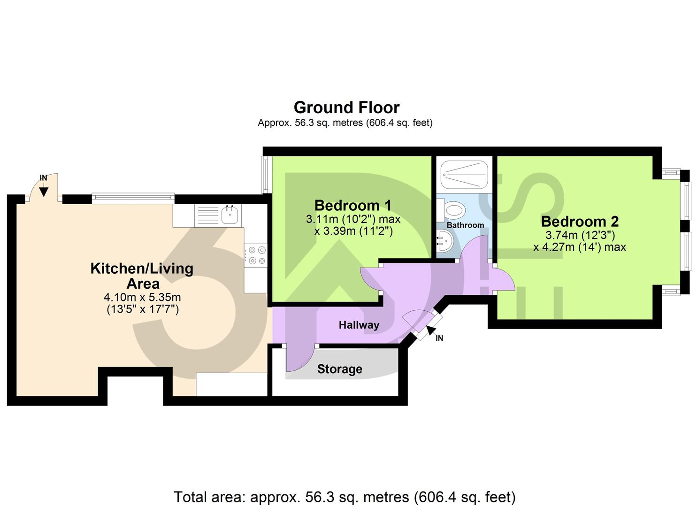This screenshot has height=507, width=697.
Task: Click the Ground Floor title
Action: coord(346,108)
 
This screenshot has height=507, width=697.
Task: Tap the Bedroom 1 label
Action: coord(353,205)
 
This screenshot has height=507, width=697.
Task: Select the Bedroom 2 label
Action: coord(580,221)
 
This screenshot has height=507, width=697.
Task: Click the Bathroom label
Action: coord(465,225)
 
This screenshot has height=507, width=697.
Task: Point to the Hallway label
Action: coord(359,325)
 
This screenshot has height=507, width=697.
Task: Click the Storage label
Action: coord(339,369)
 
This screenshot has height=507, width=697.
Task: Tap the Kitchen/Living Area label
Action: coord(142,276)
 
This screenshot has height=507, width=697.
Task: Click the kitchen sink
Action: coord(230,215)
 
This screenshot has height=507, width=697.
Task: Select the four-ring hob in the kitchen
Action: coord(256,255)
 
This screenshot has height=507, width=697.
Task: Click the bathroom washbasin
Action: coord(444,243)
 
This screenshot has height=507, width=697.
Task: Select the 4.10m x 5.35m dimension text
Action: coord(142,297)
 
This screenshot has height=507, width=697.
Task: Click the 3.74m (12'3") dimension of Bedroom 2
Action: coord(580,235)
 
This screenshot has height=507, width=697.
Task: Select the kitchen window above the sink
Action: coord(133,199)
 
